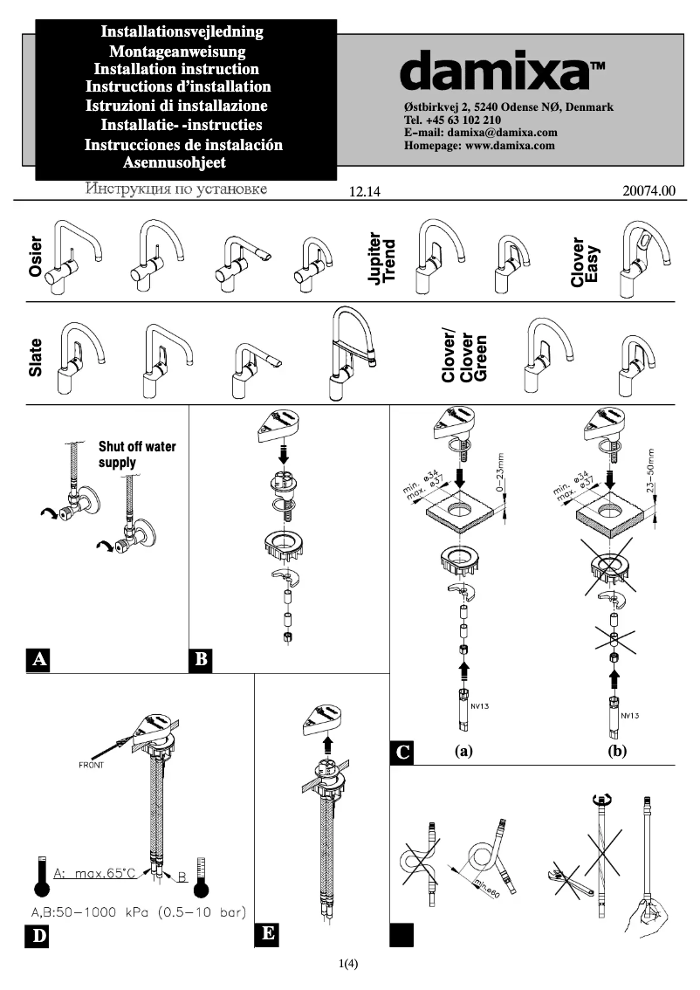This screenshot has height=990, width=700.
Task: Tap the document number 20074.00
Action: coord(649,191)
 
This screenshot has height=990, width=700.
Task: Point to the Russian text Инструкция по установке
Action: coord(175,189)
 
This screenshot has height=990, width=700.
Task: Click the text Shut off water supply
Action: coord(136,454)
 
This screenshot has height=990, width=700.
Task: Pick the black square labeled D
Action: coord(38,937)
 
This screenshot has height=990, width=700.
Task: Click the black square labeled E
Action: coord(268,934)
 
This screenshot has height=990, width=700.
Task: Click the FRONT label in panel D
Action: coord(92,765)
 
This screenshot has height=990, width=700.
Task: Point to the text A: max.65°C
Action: coord(94,871)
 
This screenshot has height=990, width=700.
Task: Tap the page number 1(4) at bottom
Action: coord(349,964)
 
